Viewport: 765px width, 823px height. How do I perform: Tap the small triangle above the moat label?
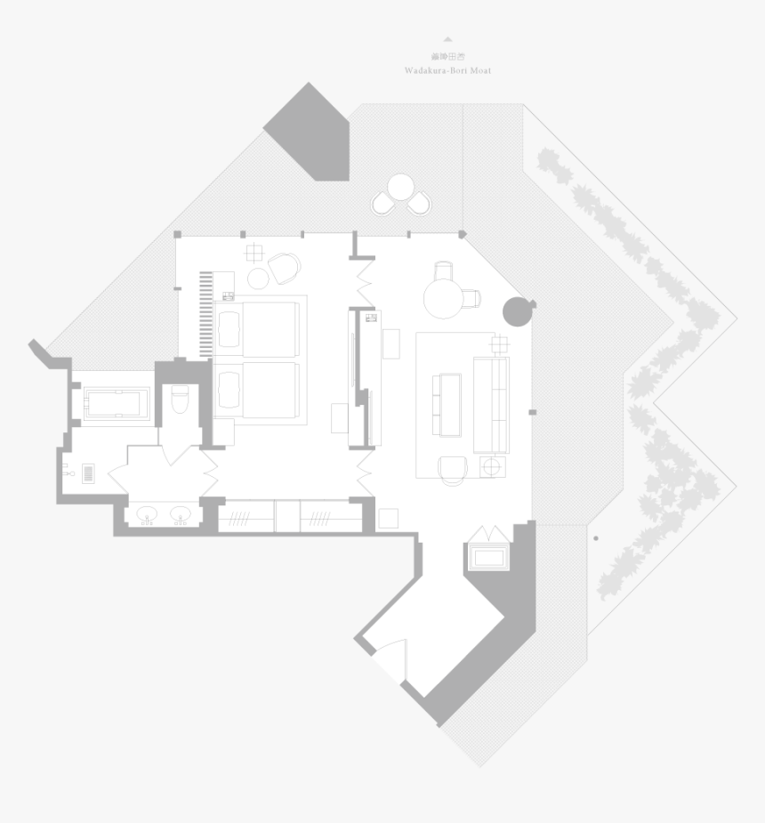tap(447, 39)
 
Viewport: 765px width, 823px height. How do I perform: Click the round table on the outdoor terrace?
tap(401, 187)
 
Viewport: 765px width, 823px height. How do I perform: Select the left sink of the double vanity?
tap(147, 514)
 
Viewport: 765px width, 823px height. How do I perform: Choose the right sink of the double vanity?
tap(181, 514)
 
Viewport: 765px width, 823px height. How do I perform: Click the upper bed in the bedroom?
tap(256, 329)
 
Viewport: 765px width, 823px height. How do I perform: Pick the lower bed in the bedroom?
tap(256, 390)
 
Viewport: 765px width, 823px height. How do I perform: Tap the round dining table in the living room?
tap(444, 297)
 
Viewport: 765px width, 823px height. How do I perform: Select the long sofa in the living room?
tap(491, 404)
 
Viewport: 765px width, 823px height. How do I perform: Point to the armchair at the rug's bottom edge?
tap(454, 468)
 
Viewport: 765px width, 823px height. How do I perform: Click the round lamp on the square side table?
tap(492, 465)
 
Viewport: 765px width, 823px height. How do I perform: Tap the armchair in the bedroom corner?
tap(285, 267)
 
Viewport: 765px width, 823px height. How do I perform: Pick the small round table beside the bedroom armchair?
tap(258, 279)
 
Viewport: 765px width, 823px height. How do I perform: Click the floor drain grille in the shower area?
tap(88, 472)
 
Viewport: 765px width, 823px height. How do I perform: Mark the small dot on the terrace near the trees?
tap(596, 537)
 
